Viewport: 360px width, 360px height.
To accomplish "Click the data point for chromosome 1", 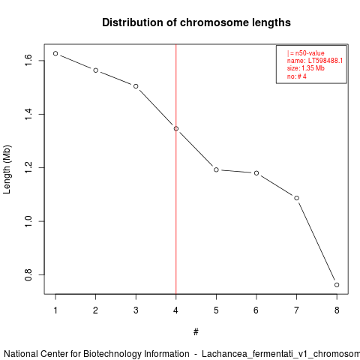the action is click(55, 53).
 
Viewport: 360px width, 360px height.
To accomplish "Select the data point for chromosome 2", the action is click(95, 70).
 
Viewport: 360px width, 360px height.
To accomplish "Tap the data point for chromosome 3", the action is click(136, 86).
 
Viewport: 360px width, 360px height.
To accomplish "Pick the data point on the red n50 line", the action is click(176, 129).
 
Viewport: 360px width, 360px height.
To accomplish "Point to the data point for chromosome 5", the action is click(216, 169).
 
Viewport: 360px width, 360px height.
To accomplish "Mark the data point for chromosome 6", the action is click(256, 173).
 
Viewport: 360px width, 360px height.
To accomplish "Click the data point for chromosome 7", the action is click(296, 198).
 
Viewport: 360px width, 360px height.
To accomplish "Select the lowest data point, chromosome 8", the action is click(337, 285).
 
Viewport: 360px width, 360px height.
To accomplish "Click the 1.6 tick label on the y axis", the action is click(28, 61).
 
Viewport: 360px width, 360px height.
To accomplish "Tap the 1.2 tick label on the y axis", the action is click(28, 167).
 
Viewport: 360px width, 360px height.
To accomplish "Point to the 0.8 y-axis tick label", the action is click(28, 274).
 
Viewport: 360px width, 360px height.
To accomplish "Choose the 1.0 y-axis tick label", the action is click(28, 221).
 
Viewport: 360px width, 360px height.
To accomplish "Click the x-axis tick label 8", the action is click(337, 310).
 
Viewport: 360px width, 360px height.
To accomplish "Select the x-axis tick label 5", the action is click(216, 310).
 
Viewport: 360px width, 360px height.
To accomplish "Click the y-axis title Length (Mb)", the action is click(7, 169).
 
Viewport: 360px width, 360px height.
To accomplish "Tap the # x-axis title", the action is click(196, 332).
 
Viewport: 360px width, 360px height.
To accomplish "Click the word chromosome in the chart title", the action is click(214, 22).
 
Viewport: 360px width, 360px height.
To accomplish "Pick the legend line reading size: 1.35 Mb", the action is click(306, 68).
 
